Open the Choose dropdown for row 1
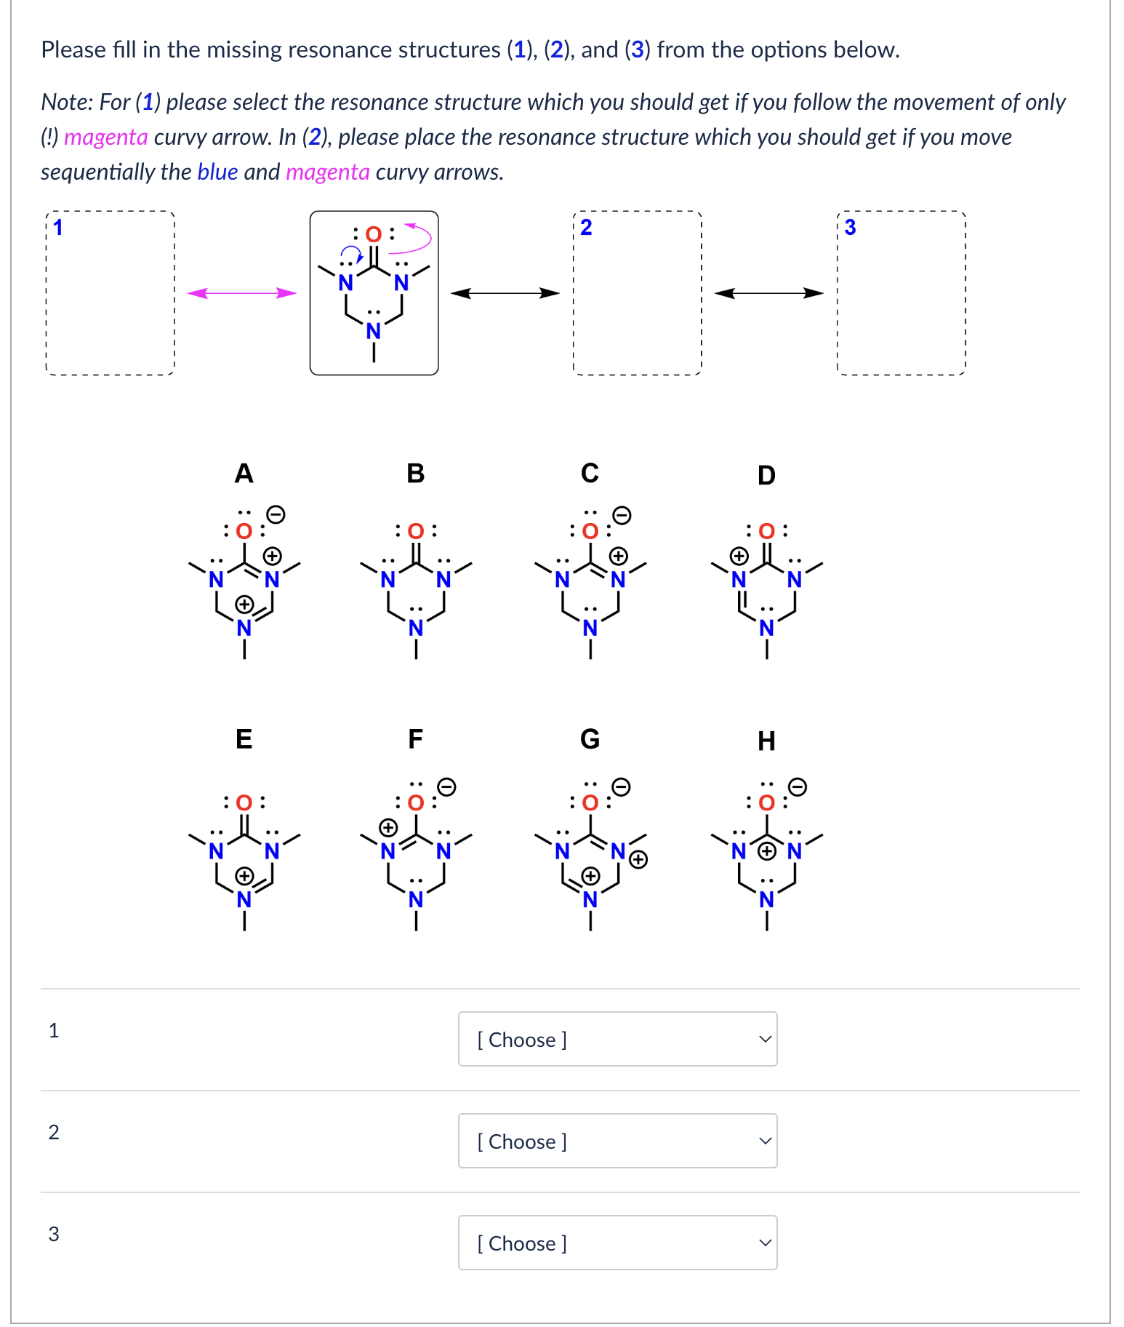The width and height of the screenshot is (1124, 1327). point(617,1039)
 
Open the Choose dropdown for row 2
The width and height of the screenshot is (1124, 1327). point(617,1141)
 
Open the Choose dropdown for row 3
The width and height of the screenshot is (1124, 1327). point(617,1243)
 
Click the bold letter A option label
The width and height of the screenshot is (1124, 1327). point(244,474)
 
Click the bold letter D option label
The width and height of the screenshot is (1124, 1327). point(766,475)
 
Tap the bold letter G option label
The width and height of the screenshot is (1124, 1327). point(590,739)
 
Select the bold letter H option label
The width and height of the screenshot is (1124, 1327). point(766,741)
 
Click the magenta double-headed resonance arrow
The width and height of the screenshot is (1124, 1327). point(242,293)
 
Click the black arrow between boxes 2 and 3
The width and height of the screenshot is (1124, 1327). point(768,293)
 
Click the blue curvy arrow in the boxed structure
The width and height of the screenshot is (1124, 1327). point(352,252)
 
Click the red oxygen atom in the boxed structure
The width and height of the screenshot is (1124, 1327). point(373,234)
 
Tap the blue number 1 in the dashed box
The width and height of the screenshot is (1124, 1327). point(58,228)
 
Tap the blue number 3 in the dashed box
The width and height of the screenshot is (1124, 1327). point(850,228)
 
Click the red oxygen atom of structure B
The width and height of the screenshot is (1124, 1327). point(416,531)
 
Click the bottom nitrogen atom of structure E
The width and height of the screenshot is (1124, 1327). point(244,900)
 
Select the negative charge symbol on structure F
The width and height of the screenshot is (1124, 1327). point(447,786)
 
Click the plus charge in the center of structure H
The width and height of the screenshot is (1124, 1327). point(766,850)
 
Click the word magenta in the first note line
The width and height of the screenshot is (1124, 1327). point(106,137)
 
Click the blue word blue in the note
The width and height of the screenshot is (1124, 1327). point(217,172)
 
